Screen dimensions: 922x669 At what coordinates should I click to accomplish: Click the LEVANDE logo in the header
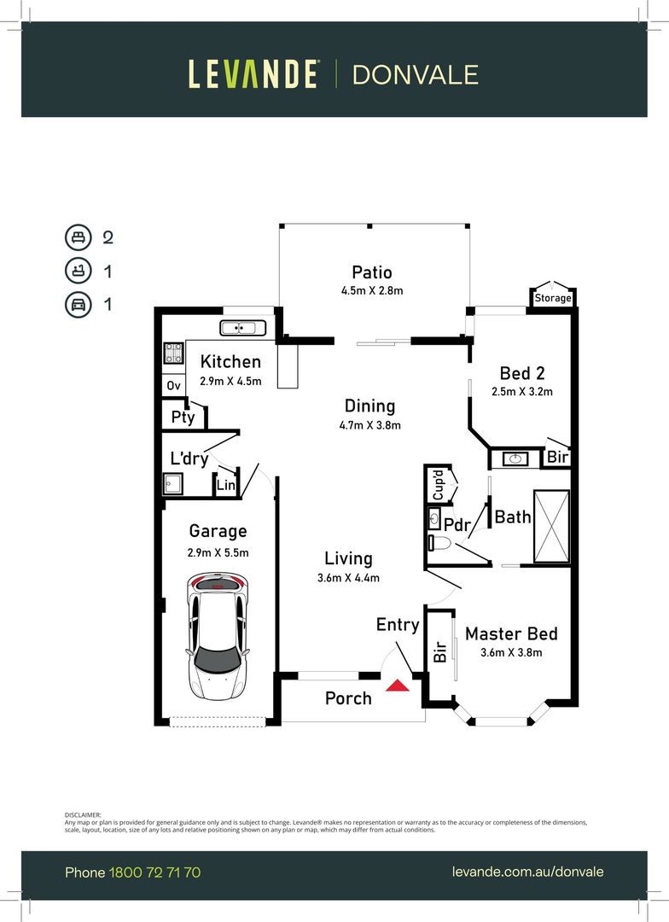tap(253, 74)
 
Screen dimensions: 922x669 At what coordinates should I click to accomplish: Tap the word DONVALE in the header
tap(415, 74)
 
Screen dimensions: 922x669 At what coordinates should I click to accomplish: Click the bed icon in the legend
tap(77, 237)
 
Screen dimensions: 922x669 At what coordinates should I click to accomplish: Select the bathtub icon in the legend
tap(77, 271)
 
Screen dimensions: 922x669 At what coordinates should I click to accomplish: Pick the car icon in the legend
tap(77, 304)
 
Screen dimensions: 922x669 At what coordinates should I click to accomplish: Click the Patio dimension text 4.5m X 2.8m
tap(372, 291)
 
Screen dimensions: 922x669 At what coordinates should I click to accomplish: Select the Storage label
tap(552, 298)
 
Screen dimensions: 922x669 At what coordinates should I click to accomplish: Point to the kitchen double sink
tap(243, 328)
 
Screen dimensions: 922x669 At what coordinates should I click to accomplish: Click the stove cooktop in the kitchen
tap(174, 353)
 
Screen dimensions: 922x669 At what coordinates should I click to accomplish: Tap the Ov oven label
tap(173, 386)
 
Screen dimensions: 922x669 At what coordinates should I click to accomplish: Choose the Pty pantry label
tap(183, 417)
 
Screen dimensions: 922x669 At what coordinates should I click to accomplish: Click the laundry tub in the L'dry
tap(174, 486)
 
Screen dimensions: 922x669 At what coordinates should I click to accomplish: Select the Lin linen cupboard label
tap(225, 485)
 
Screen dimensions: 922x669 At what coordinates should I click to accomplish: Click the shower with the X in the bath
tap(551, 526)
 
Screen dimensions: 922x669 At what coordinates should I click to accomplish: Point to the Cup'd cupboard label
tap(436, 485)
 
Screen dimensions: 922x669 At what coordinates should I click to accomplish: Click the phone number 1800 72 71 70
tap(154, 872)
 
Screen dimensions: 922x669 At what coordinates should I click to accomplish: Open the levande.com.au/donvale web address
tap(527, 872)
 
